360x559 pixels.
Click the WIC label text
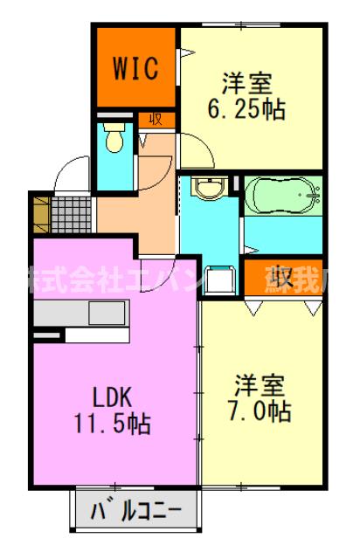point(135,69)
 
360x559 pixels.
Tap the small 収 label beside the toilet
point(156,120)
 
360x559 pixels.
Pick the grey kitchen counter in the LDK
point(80,313)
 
